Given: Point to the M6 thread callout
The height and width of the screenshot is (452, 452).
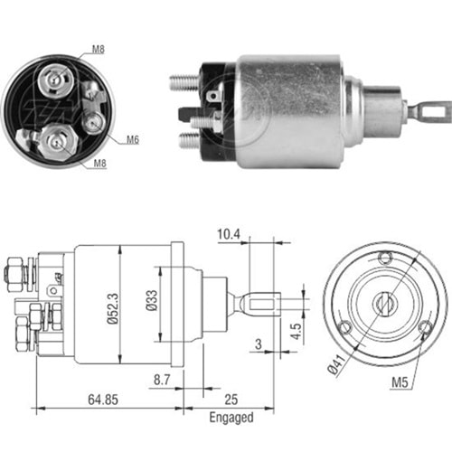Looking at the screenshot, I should [133, 139].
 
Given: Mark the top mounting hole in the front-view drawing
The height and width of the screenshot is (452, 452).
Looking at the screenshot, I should [388, 258].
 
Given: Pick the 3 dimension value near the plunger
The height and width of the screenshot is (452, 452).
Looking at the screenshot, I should [259, 344].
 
